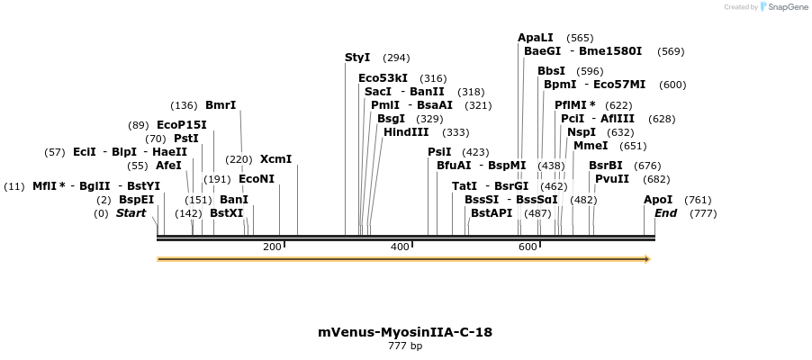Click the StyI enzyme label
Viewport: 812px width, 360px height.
pyautogui.click(x=357, y=58)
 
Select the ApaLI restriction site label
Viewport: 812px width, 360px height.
pyautogui.click(x=536, y=38)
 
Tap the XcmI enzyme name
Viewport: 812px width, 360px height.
pyautogui.click(x=275, y=159)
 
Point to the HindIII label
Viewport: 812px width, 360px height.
pyautogui.click(x=406, y=132)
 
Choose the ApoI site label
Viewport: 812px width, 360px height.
pyautogui.click(x=658, y=200)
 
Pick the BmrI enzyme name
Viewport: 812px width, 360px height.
pyautogui.click(x=221, y=105)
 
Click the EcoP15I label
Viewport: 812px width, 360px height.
pyautogui.click(x=182, y=125)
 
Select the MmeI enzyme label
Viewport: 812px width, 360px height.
pyautogui.click(x=591, y=146)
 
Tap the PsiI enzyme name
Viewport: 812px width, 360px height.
pyautogui.click(x=439, y=152)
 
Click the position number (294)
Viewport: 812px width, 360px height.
pyautogui.click(x=396, y=58)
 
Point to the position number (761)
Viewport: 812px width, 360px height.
pyautogui.click(x=698, y=200)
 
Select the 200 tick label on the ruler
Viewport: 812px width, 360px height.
pyautogui.click(x=272, y=247)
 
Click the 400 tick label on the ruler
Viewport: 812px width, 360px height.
pyautogui.click(x=400, y=247)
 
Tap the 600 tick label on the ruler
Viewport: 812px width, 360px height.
pyautogui.click(x=528, y=247)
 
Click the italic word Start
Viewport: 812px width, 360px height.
pyautogui.click(x=131, y=213)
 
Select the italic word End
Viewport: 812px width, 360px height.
pyautogui.click(x=665, y=213)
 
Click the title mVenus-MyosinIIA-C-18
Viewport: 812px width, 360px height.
pyautogui.click(x=405, y=332)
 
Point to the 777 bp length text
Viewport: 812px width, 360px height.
pyautogui.click(x=405, y=346)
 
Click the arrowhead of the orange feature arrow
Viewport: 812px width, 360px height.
pyautogui.click(x=645, y=259)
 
